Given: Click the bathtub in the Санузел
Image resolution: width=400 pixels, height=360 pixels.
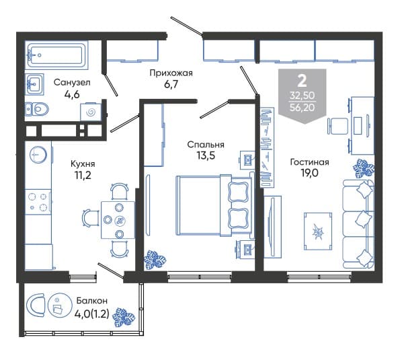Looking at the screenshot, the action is click(56, 55).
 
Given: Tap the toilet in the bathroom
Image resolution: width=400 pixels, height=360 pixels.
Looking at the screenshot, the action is click(37, 109).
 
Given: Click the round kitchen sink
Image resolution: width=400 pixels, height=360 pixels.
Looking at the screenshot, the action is click(38, 155).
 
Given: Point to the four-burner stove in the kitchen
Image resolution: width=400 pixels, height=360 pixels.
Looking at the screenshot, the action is click(38, 202).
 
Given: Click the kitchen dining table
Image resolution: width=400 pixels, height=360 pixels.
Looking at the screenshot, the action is click(118, 220).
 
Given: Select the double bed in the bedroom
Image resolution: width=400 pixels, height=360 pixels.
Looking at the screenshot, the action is click(215, 205).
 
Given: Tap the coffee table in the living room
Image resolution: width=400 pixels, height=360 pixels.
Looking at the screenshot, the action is click(318, 231).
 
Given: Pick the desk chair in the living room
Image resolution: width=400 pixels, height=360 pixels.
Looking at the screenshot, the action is click(337, 126).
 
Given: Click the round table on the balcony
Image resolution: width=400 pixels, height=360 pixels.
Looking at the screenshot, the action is click(61, 305).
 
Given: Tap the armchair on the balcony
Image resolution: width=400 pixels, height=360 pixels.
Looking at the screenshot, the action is click(35, 305).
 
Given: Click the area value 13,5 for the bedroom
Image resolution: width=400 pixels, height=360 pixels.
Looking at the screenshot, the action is click(206, 155).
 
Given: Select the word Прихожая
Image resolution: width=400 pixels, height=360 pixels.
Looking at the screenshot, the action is click(171, 73).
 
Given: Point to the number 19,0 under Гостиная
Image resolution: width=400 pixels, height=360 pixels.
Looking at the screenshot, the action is click(309, 173).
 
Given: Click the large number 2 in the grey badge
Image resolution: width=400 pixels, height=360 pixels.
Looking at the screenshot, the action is click(303, 81).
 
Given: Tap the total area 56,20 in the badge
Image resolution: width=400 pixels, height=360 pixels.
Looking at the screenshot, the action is click(303, 108).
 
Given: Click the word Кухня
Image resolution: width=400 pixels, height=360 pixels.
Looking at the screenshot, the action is click(83, 164).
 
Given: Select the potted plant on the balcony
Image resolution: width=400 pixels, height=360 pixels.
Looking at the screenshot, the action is click(124, 318).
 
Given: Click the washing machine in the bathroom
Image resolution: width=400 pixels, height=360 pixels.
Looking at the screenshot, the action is click(91, 112).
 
